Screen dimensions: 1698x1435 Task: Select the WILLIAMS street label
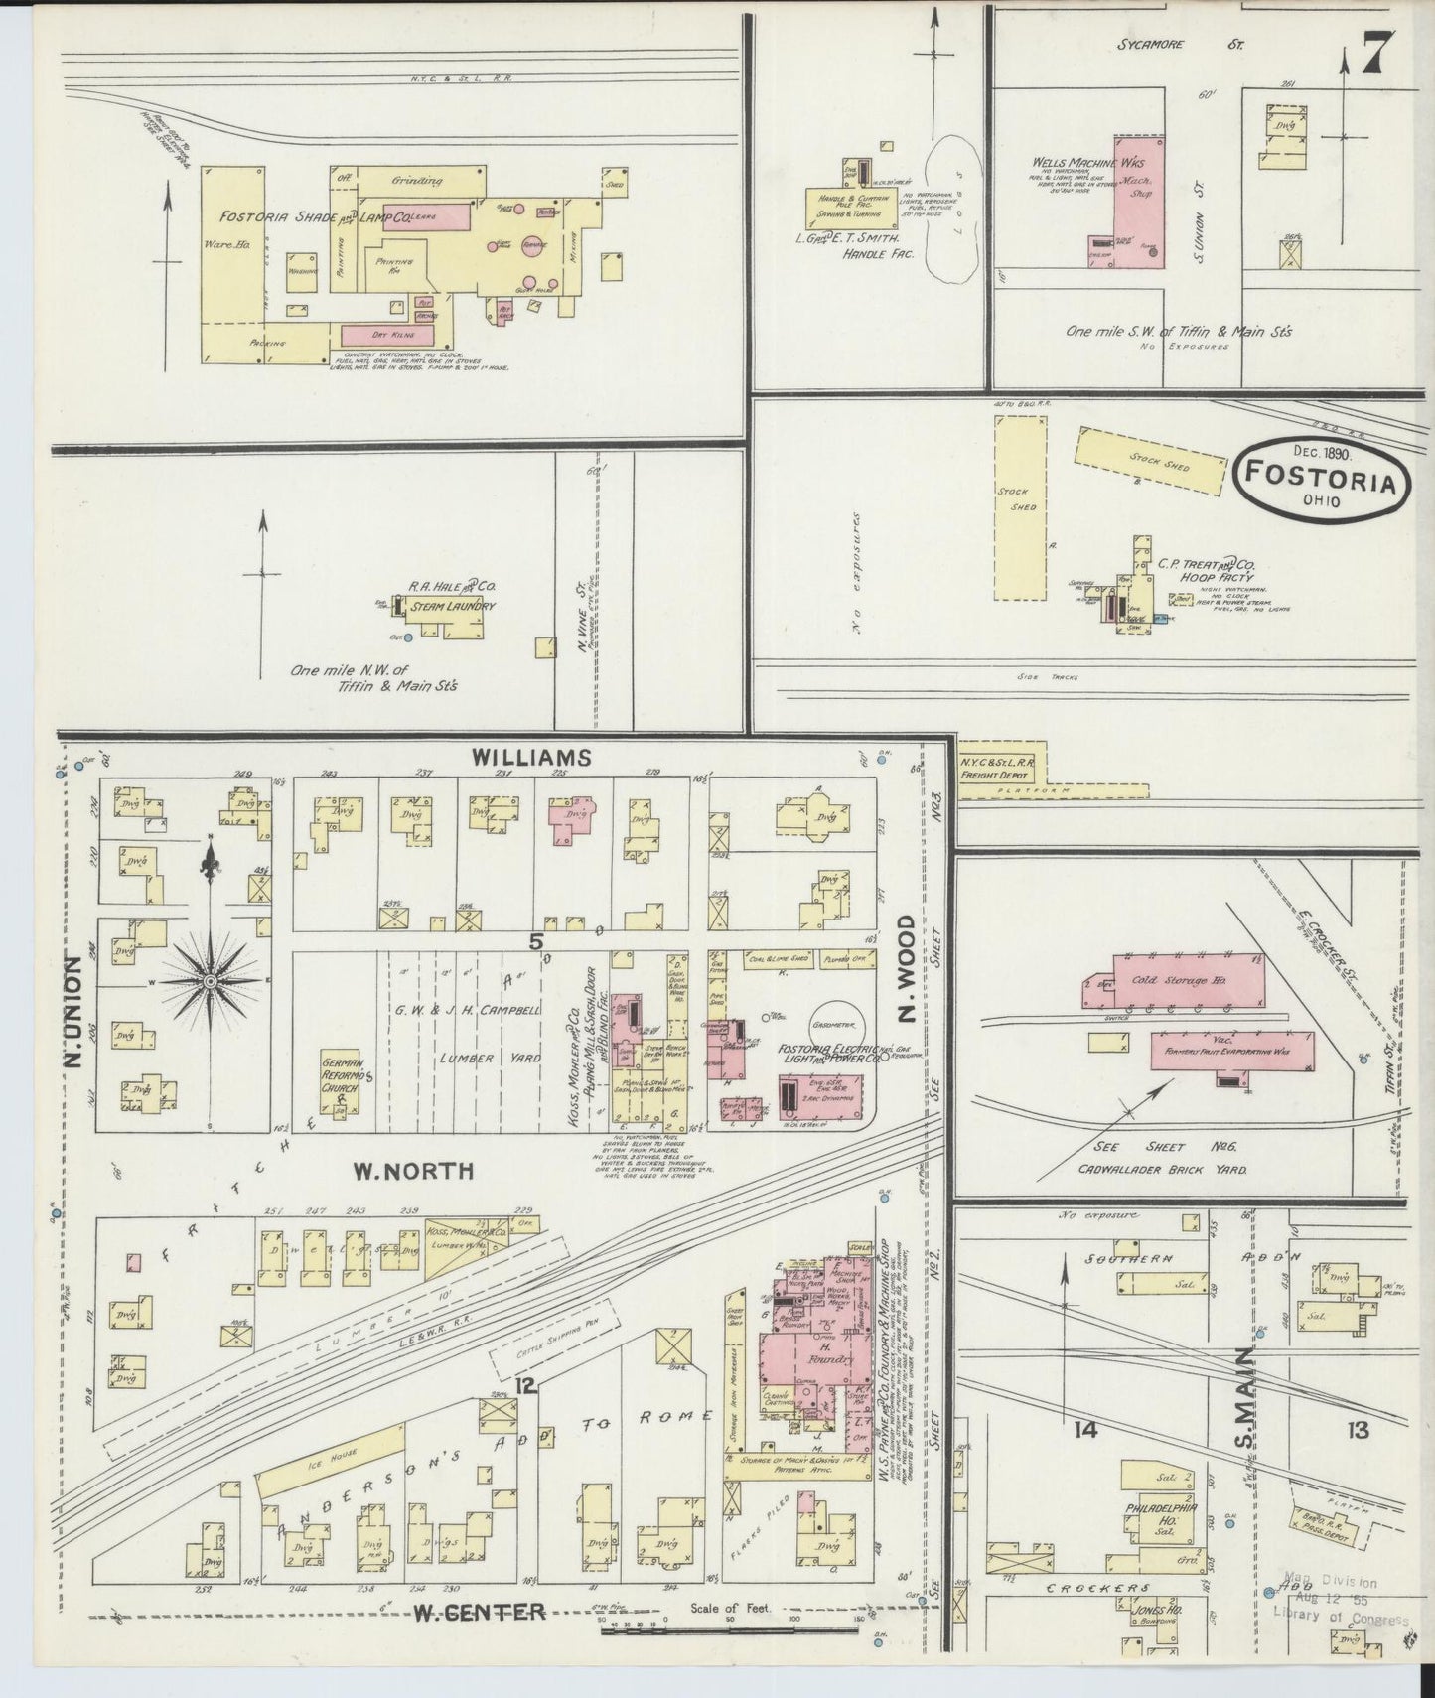point(531,758)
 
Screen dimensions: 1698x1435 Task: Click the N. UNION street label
point(72,1011)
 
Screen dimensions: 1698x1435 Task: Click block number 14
point(1084,1430)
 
